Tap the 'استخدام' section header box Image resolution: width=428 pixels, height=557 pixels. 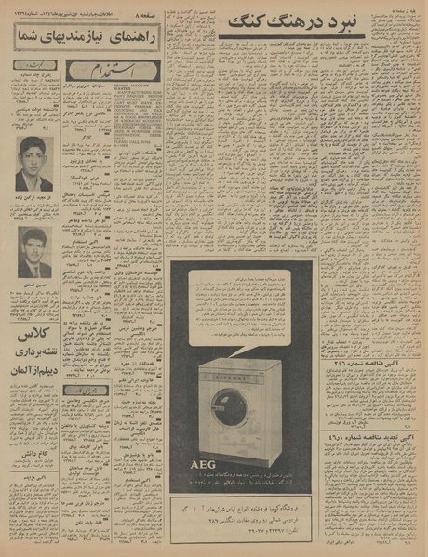(x=112, y=73)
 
